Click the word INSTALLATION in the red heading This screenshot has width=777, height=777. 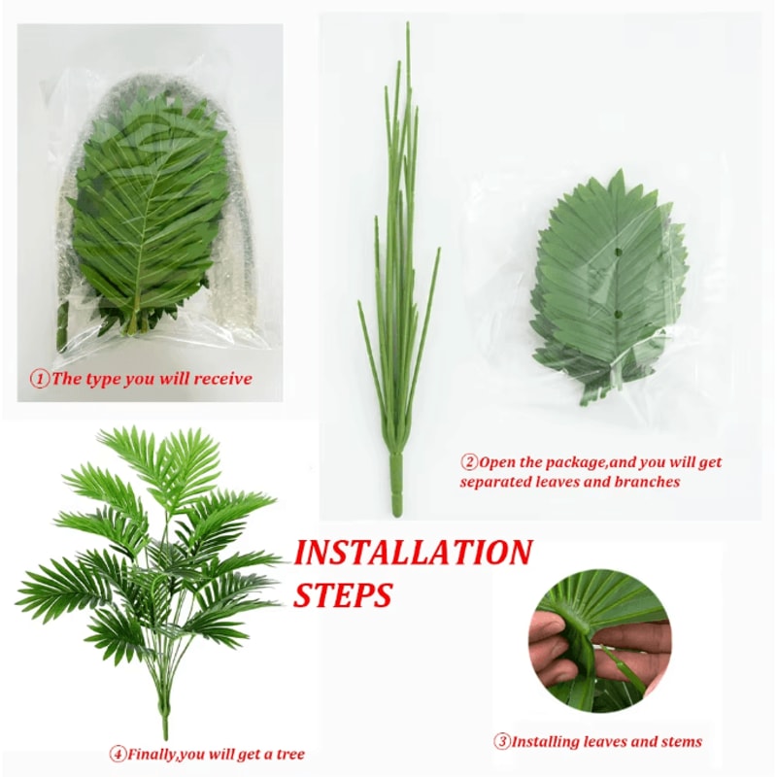[x=413, y=554]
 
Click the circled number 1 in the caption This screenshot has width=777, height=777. [x=41, y=379]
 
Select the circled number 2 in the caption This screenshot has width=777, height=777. [x=470, y=462]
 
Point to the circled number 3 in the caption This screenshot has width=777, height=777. [x=502, y=742]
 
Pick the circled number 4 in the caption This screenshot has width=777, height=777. [x=118, y=754]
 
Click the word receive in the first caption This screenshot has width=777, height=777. [x=222, y=379]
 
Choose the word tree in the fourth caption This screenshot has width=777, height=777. [x=289, y=754]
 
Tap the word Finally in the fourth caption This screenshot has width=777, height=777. [x=155, y=754]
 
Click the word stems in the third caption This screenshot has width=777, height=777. [x=680, y=742]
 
